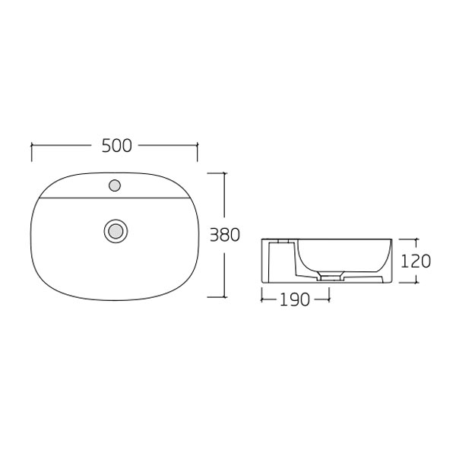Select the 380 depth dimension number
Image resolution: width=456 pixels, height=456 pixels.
[225, 235]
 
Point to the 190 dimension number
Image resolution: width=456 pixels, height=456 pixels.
[294, 299]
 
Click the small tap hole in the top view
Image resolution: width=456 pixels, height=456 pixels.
[115, 184]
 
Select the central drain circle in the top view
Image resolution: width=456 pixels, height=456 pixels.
[115, 230]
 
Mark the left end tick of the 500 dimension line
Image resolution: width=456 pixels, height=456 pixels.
[31, 150]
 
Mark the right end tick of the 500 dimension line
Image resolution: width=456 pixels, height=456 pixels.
[198, 150]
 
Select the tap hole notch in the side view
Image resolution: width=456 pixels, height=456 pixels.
[283, 242]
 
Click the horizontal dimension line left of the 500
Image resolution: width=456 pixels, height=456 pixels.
[65, 144]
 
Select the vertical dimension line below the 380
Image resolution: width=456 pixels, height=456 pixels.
[226, 274]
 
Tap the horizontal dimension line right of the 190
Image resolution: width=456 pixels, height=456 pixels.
[320, 299]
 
